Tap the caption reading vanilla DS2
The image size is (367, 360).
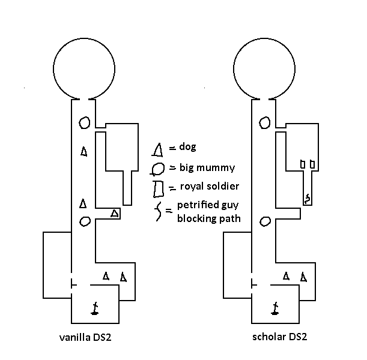coord(85,337)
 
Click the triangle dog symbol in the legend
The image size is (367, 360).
coord(159,148)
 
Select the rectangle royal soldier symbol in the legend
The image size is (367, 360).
coord(159,188)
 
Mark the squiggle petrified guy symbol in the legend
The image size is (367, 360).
coord(159,212)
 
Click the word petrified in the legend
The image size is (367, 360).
coord(197,207)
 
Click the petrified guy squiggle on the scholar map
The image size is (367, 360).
coord(308,198)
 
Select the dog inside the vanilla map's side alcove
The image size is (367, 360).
coord(114,213)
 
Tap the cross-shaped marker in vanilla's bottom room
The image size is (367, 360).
coord(94,308)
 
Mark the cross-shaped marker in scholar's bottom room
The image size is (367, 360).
coord(274,308)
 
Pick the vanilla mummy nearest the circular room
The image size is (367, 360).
coord(85,123)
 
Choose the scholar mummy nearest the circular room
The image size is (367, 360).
coord(264,123)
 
